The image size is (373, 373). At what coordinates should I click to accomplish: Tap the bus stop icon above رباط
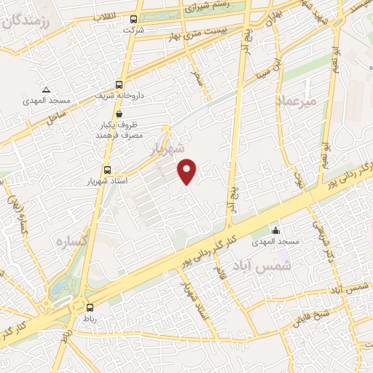tap(90, 307)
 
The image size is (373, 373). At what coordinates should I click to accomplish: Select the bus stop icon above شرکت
tap(133, 20)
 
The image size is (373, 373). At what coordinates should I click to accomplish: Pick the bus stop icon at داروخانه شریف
tap(119, 84)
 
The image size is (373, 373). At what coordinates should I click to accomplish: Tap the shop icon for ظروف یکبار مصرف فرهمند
tap(119, 113)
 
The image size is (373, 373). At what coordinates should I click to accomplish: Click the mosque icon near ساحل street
tap(45, 89)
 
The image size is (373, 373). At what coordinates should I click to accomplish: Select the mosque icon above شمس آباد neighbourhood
tap(275, 230)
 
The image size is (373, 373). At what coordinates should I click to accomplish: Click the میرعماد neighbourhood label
tap(297, 101)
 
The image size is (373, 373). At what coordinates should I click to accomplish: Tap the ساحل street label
tap(57, 117)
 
